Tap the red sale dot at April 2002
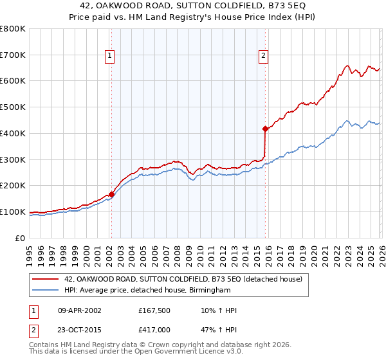tap(111, 194)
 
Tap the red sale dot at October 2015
tap(265, 129)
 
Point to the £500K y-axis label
tap(13, 107)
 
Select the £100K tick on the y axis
tap(13, 212)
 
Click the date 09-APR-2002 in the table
tap(79, 310)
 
